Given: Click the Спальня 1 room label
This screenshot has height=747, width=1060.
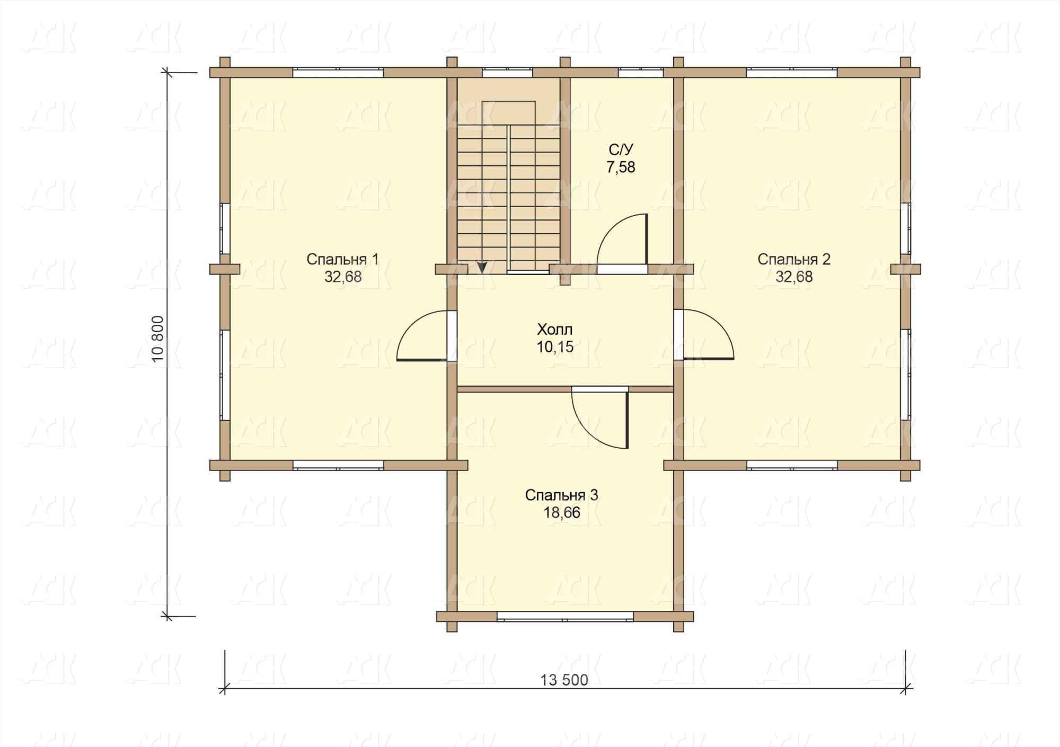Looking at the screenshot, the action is coord(342,259).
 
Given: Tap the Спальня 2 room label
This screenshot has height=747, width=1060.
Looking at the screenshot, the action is coord(793,259).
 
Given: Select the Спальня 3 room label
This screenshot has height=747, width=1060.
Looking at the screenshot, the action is coord(561,495).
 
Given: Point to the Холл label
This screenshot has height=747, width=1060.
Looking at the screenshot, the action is coord(555,330).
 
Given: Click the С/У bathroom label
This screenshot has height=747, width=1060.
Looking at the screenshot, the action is coord(621,149).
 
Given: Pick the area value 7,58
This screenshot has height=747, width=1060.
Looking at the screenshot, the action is coord(621,167).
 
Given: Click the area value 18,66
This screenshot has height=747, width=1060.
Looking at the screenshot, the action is coord(561,513).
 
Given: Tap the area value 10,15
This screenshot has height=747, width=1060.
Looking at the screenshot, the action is coord(555,348).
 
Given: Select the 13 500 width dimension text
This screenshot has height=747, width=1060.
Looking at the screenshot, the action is coord(564,680).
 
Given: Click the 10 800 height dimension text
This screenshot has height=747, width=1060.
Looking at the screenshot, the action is coord(161,339).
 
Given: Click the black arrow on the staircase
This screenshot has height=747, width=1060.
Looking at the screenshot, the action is coord(482,268).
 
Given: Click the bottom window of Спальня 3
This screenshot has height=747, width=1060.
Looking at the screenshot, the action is coord(565,616).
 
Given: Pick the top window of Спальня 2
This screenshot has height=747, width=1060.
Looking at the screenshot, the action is coord(792,73).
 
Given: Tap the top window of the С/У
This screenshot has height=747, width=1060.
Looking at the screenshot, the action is coord(641,73).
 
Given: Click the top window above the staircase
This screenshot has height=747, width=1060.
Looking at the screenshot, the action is coord(507,73).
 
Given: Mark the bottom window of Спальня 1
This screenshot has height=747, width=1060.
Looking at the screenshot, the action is coord(338,465).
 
